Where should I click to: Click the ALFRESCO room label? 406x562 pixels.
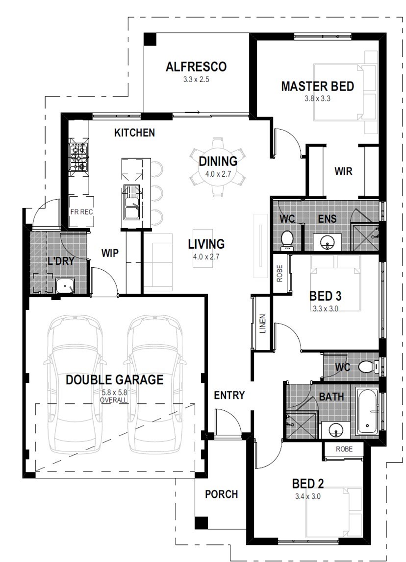pos(196,67)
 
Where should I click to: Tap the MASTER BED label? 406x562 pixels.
pos(317,86)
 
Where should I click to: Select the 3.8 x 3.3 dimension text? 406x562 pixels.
pos(317,98)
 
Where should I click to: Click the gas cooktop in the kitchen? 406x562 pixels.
pos(78,157)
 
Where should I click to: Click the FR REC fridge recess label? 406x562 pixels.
pos(81,212)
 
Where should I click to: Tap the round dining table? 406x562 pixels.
pos(218,167)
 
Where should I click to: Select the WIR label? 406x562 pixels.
pos(344,171)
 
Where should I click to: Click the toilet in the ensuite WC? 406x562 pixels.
pos(287,239)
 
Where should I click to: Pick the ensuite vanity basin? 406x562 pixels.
pos(328,243)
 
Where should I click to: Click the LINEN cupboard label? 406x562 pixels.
pos(262,324)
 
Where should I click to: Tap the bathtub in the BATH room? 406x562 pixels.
pos(367,411)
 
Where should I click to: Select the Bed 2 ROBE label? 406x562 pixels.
pos(344,449)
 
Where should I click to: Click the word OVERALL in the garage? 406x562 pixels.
pos(113,400)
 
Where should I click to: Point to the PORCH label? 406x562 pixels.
pos(222,494)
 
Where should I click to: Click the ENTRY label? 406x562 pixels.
pos(229,395)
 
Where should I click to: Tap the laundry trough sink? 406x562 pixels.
pos(65,286)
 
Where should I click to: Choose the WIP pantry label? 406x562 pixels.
pos(110,253)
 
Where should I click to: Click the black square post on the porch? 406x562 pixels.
pos(202,523)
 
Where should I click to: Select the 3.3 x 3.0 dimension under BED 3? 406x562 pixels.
pos(325,308)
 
